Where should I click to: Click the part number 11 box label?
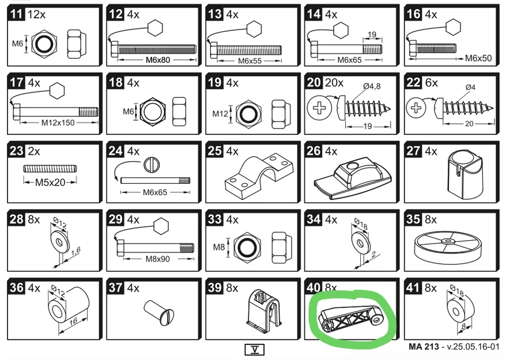[17, 14]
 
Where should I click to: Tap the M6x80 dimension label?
[158, 60]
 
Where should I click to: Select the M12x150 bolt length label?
[58, 123]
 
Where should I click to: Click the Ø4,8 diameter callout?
[372, 86]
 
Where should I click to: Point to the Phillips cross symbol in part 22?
[416, 107]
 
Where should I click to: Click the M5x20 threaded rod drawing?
[50, 168]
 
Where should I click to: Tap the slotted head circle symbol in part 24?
[152, 165]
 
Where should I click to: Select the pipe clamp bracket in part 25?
[259, 173]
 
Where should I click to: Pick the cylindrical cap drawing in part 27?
[465, 174]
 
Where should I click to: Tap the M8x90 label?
[157, 259]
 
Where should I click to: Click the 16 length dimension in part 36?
[73, 321]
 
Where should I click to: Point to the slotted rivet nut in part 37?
[158, 313]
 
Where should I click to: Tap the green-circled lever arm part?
[352, 319]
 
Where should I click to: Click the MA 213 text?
[424, 347]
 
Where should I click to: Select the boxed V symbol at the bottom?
[255, 350]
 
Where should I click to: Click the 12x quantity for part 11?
[36, 14]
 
